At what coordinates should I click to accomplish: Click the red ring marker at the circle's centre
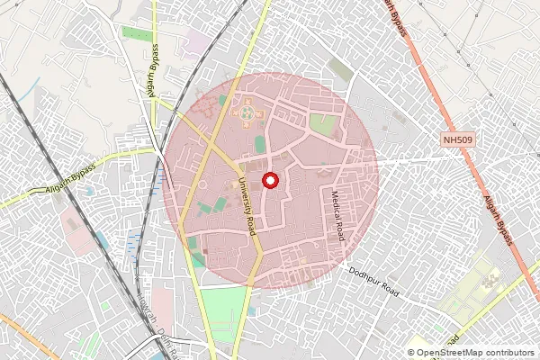pyautogui.click(x=269, y=180)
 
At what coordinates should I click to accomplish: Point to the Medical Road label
pyautogui.click(x=338, y=217)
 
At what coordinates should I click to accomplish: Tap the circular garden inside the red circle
pyautogui.click(x=247, y=114)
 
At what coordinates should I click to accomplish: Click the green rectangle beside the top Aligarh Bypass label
pyautogui.click(x=137, y=34)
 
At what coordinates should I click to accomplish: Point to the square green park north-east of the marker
pyautogui.click(x=324, y=124)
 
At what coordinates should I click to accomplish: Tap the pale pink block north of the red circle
pyautogui.click(x=196, y=41)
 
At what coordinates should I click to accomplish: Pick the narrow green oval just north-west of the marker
pyautogui.click(x=259, y=144)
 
